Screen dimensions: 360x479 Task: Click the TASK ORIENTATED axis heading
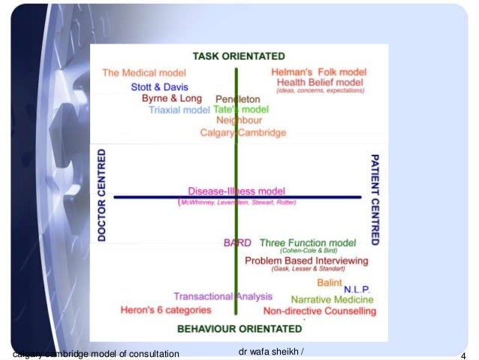click(x=239, y=56)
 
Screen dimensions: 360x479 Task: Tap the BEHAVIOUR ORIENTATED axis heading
click(x=239, y=328)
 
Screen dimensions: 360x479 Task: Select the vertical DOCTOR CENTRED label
click(x=102, y=195)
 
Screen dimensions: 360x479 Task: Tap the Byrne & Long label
click(x=173, y=98)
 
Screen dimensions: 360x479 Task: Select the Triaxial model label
click(x=179, y=109)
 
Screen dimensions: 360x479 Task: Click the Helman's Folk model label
click(x=318, y=72)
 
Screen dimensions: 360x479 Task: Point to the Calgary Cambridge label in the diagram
click(x=243, y=132)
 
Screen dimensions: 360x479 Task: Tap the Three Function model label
click(x=307, y=243)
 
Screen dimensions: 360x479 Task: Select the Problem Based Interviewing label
click(x=306, y=261)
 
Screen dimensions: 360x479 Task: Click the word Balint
click(x=329, y=283)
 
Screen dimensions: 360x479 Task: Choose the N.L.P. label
click(x=357, y=289)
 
